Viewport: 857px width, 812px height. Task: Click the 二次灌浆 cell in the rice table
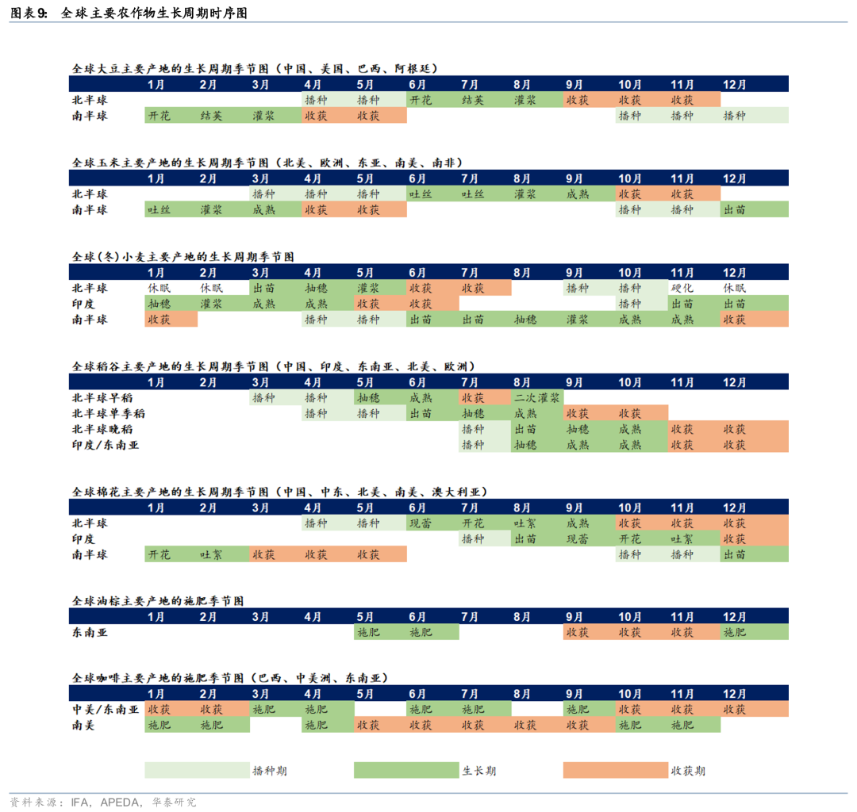537,397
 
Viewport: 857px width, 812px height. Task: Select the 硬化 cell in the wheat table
682,288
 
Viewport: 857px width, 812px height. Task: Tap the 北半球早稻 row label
102,397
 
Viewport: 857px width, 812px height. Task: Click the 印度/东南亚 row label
106,445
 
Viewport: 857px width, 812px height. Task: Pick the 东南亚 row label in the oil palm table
89,632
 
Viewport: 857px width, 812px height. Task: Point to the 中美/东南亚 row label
106,709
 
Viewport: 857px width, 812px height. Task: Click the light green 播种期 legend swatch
197,770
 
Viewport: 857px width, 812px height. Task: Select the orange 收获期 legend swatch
615,770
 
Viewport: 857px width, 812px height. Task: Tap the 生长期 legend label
479,770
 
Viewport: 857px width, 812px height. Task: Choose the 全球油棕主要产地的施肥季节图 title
158,601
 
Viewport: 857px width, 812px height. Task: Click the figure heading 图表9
29,13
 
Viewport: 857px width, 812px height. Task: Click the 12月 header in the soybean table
734,84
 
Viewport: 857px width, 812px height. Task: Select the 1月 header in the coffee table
156,693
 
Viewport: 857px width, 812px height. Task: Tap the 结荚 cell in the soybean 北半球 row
472,100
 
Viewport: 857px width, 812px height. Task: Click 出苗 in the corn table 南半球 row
734,209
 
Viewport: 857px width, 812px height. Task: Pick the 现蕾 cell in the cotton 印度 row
577,539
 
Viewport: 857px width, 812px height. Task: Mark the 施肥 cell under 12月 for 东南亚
734,632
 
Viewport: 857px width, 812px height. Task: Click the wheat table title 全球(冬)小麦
183,257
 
